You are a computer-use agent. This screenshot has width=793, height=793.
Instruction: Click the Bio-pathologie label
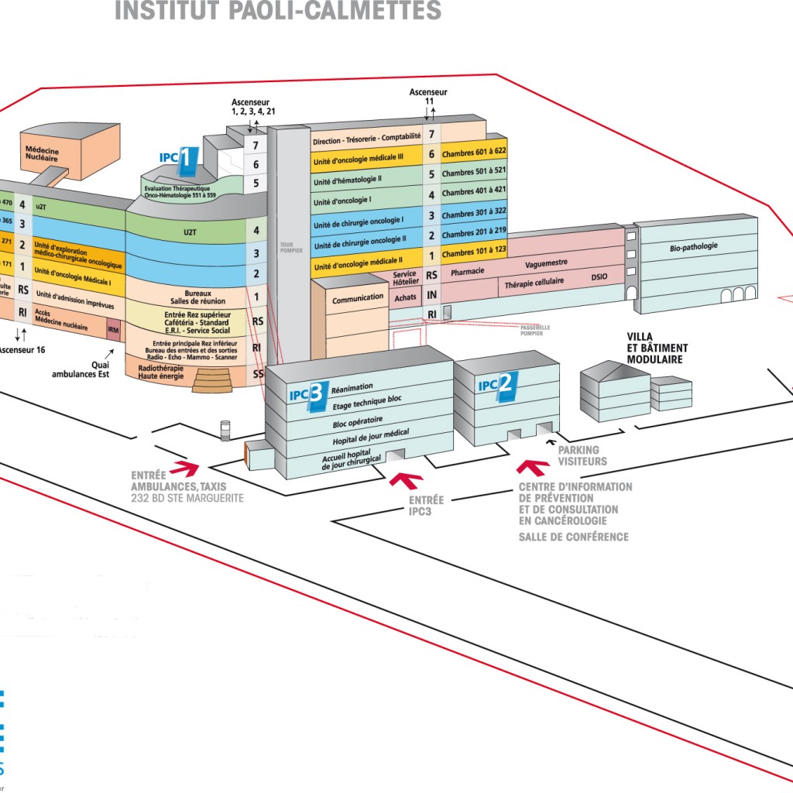point(694,247)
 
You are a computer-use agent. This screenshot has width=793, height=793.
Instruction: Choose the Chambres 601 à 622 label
point(474,153)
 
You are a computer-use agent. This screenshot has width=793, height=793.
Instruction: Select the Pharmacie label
point(468,271)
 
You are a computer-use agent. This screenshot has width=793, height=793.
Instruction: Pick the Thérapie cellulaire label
point(534,283)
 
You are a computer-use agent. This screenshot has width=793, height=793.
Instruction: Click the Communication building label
point(358,298)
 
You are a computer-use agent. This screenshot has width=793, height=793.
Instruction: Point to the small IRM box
point(114,331)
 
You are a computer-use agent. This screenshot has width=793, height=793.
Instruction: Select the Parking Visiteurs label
point(582,456)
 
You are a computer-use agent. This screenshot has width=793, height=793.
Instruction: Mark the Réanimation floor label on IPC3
point(352,386)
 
